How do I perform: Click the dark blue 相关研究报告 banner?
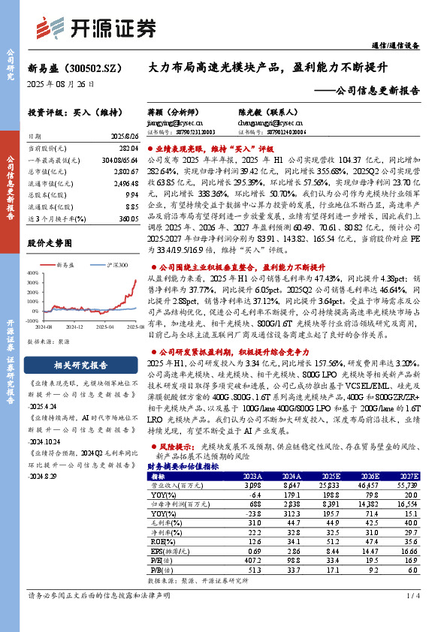click(80, 366)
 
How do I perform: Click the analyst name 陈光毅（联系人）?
click(258, 108)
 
